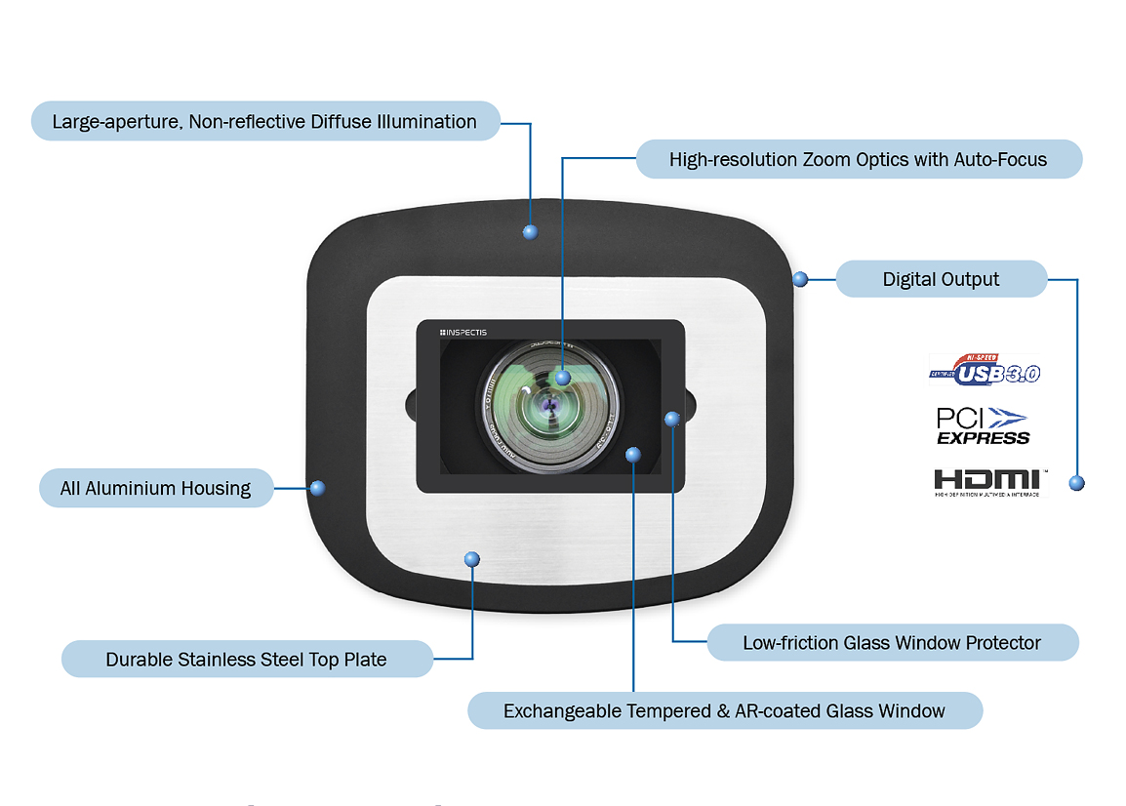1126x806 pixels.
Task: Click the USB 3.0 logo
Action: pyautogui.click(x=984, y=370)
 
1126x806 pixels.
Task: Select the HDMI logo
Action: pyautogui.click(x=986, y=481)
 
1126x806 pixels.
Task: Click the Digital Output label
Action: pyautogui.click(x=941, y=279)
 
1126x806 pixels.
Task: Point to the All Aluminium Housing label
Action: pyautogui.click(x=155, y=488)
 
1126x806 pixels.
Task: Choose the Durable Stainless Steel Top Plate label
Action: pyautogui.click(x=246, y=660)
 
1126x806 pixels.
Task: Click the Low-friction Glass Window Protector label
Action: pyautogui.click(x=891, y=643)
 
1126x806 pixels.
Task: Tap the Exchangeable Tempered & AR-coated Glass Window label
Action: pyautogui.click(x=724, y=711)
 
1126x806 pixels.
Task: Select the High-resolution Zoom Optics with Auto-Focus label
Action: pyautogui.click(x=858, y=159)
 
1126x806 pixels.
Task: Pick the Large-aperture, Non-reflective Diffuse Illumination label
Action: pyautogui.click(x=264, y=122)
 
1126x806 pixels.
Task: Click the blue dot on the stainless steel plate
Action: pyautogui.click(x=472, y=559)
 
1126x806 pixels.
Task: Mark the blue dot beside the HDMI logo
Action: pyautogui.click(x=1077, y=483)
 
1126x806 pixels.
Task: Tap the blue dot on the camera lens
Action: pyautogui.click(x=563, y=377)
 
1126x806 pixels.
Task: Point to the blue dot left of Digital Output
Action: pyautogui.click(x=800, y=279)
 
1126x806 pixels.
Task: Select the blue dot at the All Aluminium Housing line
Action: pyautogui.click(x=316, y=488)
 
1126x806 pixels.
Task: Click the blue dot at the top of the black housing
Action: pyautogui.click(x=531, y=232)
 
